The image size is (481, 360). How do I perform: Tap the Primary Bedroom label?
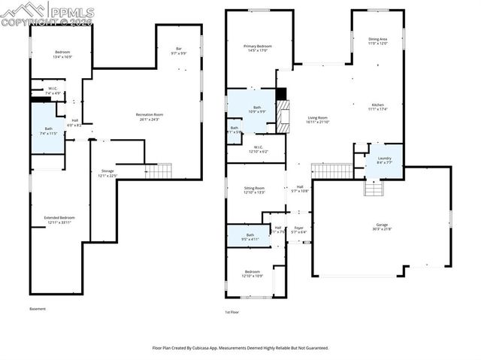257,47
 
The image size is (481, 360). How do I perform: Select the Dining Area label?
377,39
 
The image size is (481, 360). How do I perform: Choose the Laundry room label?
384,157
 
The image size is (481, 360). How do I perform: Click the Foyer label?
298,228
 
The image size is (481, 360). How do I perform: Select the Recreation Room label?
150,114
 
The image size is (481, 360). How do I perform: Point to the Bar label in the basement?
179,50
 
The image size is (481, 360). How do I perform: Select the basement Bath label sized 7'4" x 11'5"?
48,129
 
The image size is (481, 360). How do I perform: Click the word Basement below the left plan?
38,309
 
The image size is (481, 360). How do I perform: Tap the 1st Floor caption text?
233,312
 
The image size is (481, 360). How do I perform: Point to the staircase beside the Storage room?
159,171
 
